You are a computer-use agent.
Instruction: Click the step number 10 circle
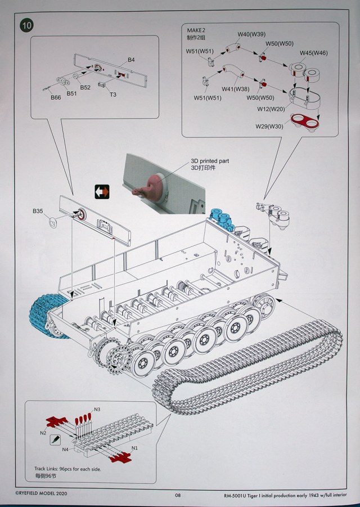coord(26,25)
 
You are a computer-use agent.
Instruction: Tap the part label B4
coord(131,60)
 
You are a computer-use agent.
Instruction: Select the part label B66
coord(56,97)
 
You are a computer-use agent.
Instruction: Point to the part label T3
coord(113,95)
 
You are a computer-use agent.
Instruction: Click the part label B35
coord(38,211)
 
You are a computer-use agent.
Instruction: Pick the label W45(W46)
coord(313,53)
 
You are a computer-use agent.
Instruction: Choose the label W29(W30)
coord(269,127)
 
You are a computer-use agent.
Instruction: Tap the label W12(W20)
coord(271,109)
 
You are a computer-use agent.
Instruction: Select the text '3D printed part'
coord(210,161)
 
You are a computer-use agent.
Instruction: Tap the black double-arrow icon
coord(102,192)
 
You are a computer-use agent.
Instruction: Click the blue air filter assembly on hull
coord(222,219)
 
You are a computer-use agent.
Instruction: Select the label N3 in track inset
coord(97,409)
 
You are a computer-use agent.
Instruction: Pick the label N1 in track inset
coord(134,448)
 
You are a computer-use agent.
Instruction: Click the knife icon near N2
coord(55,439)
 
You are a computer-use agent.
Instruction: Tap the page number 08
coord(178,495)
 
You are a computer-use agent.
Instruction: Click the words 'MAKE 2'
coord(196,30)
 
